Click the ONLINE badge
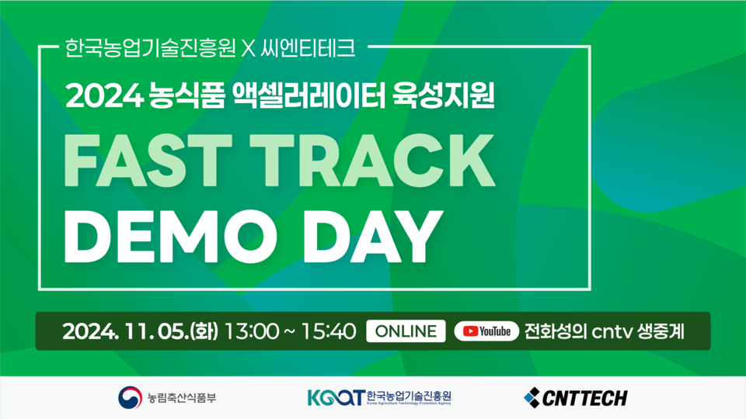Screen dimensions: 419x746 (x=406, y=331)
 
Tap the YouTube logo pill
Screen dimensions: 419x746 (x=486, y=331)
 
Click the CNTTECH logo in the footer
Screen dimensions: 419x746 (x=576, y=398)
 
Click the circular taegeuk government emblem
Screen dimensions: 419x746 (x=131, y=398)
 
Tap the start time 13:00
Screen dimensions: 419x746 (x=249, y=331)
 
